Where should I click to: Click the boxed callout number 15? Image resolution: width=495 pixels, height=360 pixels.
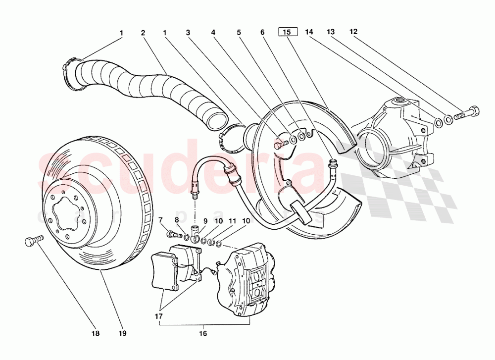(x=287, y=33)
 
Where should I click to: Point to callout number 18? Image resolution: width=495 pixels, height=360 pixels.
(x=96, y=333)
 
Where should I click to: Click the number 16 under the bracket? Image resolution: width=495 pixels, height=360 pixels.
(x=202, y=333)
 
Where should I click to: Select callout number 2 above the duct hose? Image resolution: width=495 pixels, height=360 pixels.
(x=143, y=33)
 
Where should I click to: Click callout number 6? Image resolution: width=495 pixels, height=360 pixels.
(x=263, y=33)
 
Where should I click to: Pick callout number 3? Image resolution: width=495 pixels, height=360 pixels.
(x=188, y=33)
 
